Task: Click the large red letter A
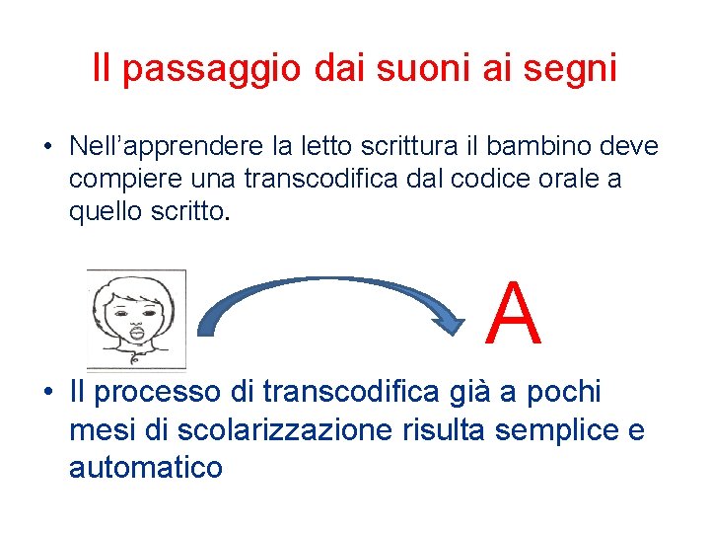(515, 316)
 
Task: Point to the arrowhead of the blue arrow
(454, 323)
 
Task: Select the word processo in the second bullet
(170, 392)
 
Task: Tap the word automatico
(146, 466)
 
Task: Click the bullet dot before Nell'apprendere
(47, 148)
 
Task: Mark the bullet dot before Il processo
(47, 393)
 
